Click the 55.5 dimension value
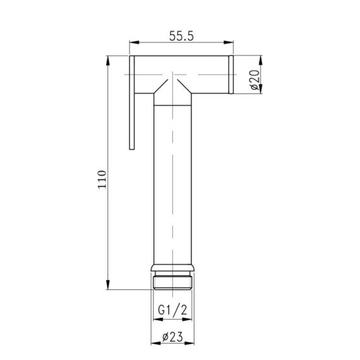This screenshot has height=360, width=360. point(181,37)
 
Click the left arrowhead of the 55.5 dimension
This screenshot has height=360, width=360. point(132,44)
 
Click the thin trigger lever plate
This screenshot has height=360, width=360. point(133,104)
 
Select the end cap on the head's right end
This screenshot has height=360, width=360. point(231,75)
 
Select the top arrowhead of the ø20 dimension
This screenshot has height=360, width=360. point(261,59)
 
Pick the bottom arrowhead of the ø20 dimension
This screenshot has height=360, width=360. point(261,92)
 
